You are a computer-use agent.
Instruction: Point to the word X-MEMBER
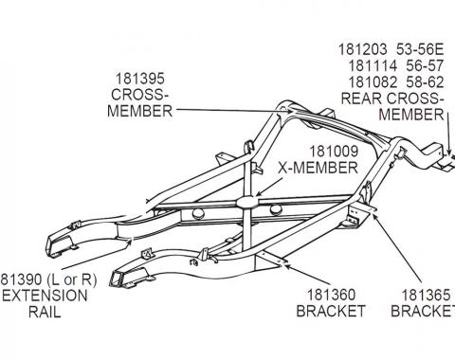coord(318,168)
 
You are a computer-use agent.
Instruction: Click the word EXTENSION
coord(44,296)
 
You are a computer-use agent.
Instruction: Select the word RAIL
coord(43,312)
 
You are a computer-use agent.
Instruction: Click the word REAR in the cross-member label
coord(363,99)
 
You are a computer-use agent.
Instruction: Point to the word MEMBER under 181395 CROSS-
coord(139,111)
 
